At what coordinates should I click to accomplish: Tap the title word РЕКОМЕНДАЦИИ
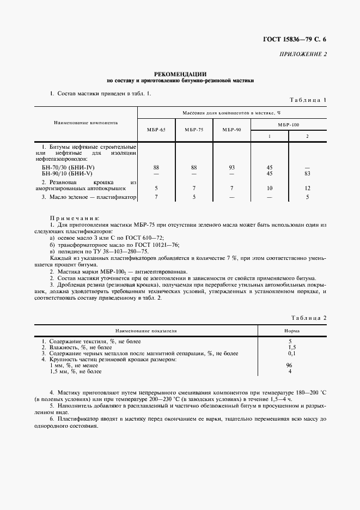tap(180, 74)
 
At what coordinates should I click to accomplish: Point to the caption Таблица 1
tap(308, 100)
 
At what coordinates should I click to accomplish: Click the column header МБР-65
tap(156, 130)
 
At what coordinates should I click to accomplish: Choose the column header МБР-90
tap(231, 130)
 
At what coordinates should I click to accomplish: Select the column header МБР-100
tap(288, 125)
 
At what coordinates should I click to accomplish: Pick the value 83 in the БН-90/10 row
tap(307, 173)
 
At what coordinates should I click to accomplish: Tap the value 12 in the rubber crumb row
tap(307, 188)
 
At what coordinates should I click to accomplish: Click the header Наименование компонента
tap(86, 123)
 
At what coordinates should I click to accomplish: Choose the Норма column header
tap(291, 331)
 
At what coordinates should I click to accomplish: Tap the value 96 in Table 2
tap(290, 366)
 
